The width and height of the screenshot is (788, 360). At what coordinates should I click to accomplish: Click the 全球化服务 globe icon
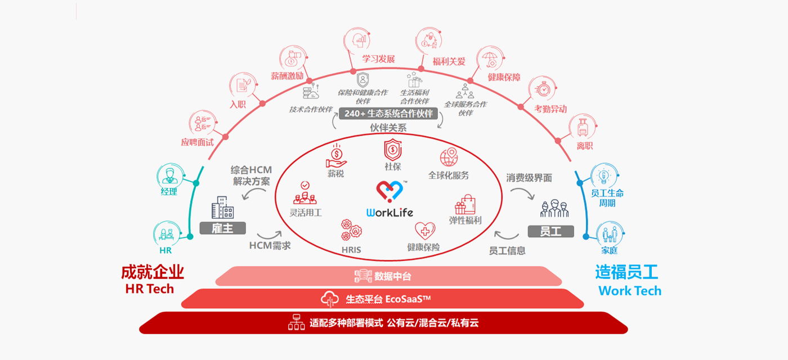point(449,157)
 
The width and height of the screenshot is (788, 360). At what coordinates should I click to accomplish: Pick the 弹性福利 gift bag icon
point(465,203)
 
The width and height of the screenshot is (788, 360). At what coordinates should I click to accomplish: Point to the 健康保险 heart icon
point(425,231)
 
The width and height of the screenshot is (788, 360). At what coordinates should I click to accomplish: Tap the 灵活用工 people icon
point(305,193)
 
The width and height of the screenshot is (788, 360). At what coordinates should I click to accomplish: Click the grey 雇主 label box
point(223,228)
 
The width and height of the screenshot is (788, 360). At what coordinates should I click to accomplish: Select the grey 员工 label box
point(550,231)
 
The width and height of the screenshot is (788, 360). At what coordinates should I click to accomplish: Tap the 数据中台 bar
point(388,276)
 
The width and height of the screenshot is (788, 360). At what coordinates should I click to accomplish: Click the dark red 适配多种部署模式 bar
point(383,323)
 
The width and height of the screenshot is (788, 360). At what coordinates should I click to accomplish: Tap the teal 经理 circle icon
point(168,176)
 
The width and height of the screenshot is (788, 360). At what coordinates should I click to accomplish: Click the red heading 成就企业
point(153,272)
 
